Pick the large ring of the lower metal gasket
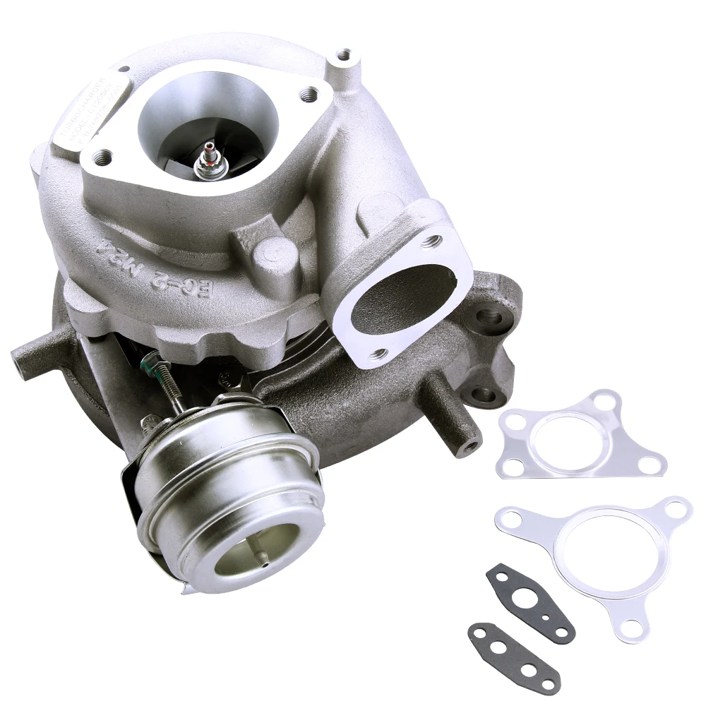(x=601, y=550)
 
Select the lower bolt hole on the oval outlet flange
(x=378, y=354)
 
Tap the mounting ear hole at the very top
(x=344, y=54)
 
